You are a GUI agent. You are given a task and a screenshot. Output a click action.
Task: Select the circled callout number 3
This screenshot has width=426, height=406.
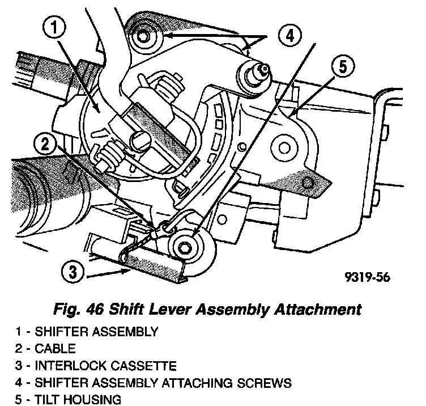70,273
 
